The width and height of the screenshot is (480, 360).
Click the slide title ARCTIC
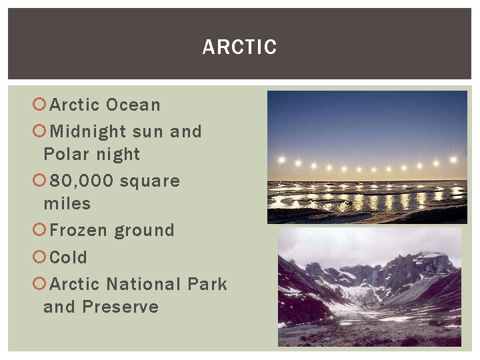pos(239,47)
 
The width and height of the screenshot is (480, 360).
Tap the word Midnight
pos(88,132)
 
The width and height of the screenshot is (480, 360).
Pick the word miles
pos(67,203)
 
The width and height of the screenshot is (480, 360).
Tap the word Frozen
pos(79,231)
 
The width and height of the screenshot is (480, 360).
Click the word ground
pos(144,231)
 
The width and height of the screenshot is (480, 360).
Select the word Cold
pos(69,257)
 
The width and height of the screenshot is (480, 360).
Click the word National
pos(143,284)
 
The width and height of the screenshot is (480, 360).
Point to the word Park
pos(207,284)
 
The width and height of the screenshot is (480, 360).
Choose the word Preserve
pos(121,307)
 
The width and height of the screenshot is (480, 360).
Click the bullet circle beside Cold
pos(39,257)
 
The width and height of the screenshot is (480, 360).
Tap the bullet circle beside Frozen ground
pos(39,231)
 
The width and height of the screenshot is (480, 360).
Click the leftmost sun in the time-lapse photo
pos(281,160)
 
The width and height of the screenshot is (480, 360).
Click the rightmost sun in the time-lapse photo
pos(453,160)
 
